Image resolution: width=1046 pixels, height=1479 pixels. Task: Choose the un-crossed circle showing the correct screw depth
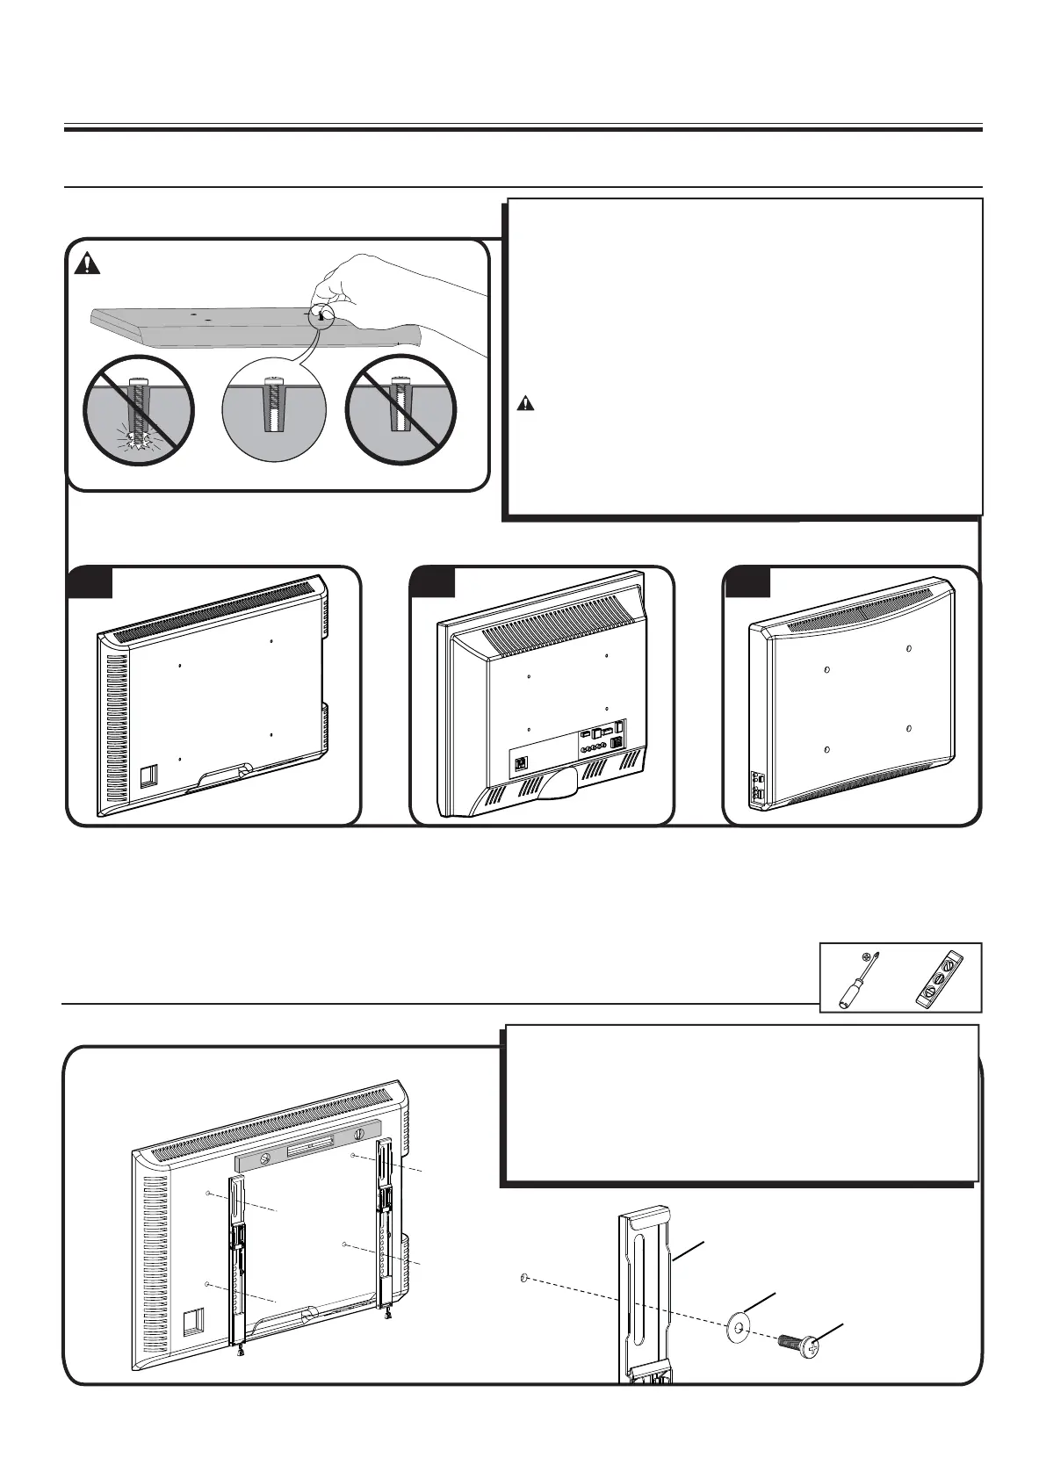(273, 411)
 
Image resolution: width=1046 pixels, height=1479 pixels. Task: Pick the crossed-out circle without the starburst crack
(400, 411)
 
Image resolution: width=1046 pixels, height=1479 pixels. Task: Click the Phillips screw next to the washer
(798, 1341)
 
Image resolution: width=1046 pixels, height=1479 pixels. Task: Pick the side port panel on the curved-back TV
(758, 788)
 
